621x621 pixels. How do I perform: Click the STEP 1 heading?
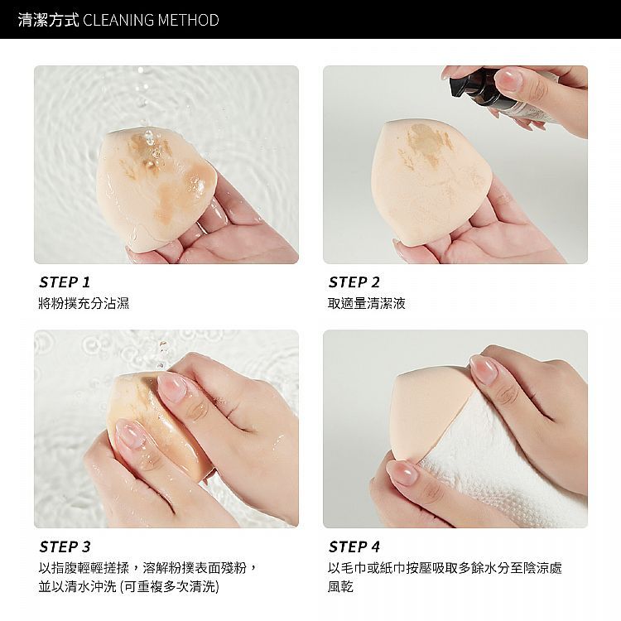coord(65,282)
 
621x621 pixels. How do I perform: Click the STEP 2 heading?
coord(354,282)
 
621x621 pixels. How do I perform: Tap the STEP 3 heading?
coord(65,547)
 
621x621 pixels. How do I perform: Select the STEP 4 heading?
coord(354,547)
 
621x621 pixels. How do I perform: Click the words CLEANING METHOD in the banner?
coord(151,20)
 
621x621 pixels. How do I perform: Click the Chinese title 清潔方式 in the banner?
coord(48,20)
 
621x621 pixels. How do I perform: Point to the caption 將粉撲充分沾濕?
coord(84,303)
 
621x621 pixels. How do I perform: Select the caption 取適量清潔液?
coord(366,303)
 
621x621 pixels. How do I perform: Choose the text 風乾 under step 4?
coord(340,586)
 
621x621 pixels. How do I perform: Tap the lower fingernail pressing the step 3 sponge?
coord(128,435)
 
